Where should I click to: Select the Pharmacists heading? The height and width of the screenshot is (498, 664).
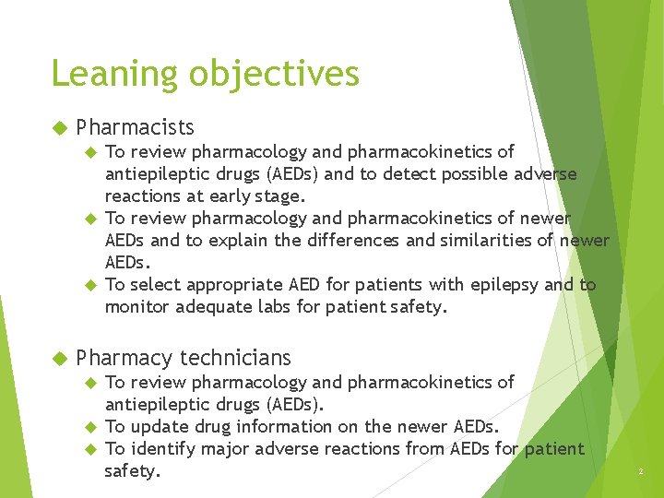point(135,126)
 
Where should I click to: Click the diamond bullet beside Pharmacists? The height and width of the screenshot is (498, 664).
point(60,126)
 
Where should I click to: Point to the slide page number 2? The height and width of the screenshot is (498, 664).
point(639,471)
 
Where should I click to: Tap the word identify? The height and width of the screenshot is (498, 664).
point(160,449)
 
